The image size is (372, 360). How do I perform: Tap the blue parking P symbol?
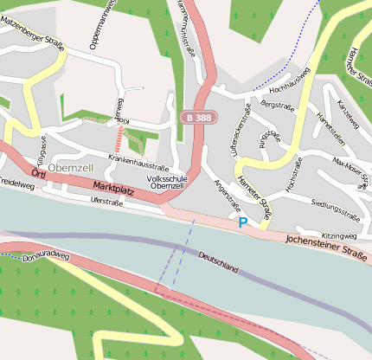point(243,222)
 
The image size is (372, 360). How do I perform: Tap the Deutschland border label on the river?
point(218,262)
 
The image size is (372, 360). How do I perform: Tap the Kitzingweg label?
point(338,235)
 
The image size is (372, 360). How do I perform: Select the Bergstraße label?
point(273,104)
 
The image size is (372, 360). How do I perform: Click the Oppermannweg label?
point(94,25)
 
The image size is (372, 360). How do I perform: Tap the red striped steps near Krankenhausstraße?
point(119,138)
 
